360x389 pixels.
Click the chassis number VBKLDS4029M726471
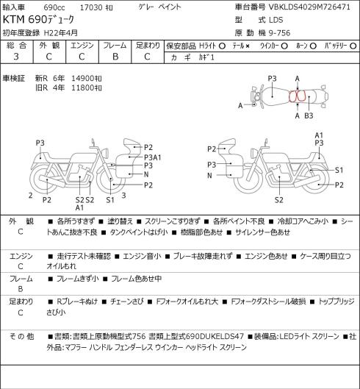pos(309,7)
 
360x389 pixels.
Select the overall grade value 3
pos(16,57)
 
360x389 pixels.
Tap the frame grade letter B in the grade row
pos(115,57)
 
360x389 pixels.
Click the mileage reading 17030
pos(91,7)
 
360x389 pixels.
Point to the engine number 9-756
pos(279,33)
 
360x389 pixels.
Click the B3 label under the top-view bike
pos(309,115)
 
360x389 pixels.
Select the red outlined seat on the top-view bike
pos(298,96)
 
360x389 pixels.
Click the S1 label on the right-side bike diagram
pos(339,170)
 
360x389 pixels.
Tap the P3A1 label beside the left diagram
pos(153,157)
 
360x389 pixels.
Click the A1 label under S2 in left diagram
pos(79,207)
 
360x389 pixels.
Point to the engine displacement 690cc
pos(54,7)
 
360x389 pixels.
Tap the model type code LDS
pos(276,20)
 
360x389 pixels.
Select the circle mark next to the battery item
pos(353,46)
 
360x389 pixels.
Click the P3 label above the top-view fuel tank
pos(272,79)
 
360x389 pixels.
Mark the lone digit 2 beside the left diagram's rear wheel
pos(31,196)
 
